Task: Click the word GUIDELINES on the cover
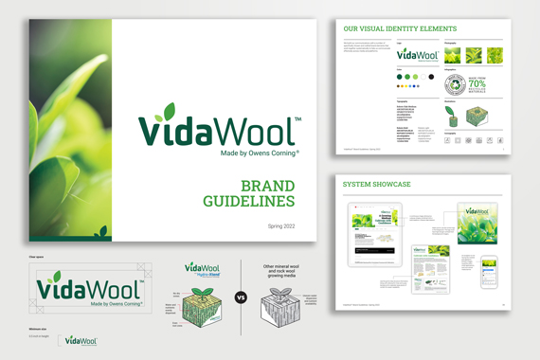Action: (x=249, y=201)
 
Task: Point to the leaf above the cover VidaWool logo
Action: (x=169, y=111)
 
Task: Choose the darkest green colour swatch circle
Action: (x=399, y=77)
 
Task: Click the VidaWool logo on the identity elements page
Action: (x=409, y=55)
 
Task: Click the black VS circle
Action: (x=241, y=297)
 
